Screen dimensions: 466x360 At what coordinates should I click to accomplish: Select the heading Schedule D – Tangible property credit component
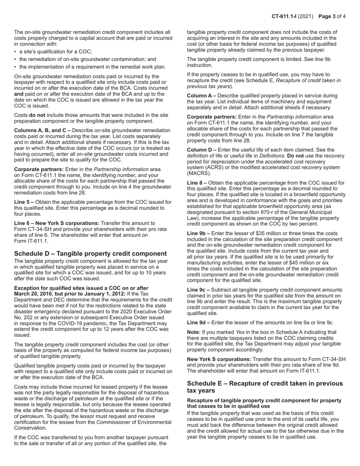pyautogui.click(x=90, y=253)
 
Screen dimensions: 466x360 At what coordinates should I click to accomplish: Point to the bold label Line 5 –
pyautogui.click(x=25, y=202)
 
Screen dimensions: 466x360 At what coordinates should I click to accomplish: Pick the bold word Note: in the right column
pyautogui.click(x=195, y=332)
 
